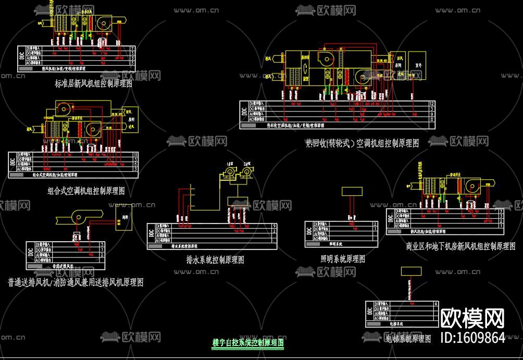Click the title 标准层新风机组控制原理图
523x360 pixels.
(x=93, y=83)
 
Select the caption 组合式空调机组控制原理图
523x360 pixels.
(x=86, y=191)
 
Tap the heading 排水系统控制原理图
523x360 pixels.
(x=215, y=259)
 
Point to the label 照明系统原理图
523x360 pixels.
(x=342, y=258)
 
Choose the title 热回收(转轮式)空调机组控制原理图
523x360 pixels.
(x=362, y=144)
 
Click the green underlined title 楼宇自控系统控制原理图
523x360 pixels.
(x=247, y=343)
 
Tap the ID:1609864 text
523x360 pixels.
(x=472, y=338)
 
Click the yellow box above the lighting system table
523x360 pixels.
(x=352, y=191)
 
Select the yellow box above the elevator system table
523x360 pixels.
(x=411, y=271)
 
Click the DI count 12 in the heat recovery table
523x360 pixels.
(x=431, y=104)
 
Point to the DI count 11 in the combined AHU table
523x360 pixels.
(x=135, y=155)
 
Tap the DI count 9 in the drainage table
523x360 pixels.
(x=275, y=226)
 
